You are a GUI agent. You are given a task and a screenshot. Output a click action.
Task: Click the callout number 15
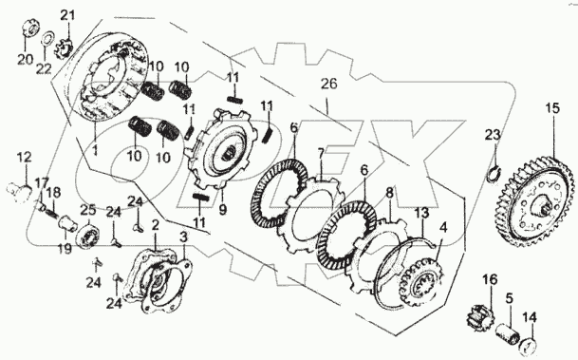[x=552, y=108]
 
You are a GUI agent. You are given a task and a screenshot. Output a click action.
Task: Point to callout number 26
[x=328, y=84]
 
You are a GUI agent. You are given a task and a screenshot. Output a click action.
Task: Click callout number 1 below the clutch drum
[x=95, y=150]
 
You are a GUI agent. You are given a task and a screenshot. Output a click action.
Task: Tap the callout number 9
[x=222, y=210]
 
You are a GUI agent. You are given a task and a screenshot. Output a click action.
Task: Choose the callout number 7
[x=321, y=153]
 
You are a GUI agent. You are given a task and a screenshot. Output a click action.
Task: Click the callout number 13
[x=422, y=213]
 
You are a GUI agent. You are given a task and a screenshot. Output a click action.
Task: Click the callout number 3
[x=183, y=237]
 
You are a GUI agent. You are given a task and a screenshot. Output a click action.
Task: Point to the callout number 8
[x=389, y=193]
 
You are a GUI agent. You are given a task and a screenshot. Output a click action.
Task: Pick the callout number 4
[x=443, y=227]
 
